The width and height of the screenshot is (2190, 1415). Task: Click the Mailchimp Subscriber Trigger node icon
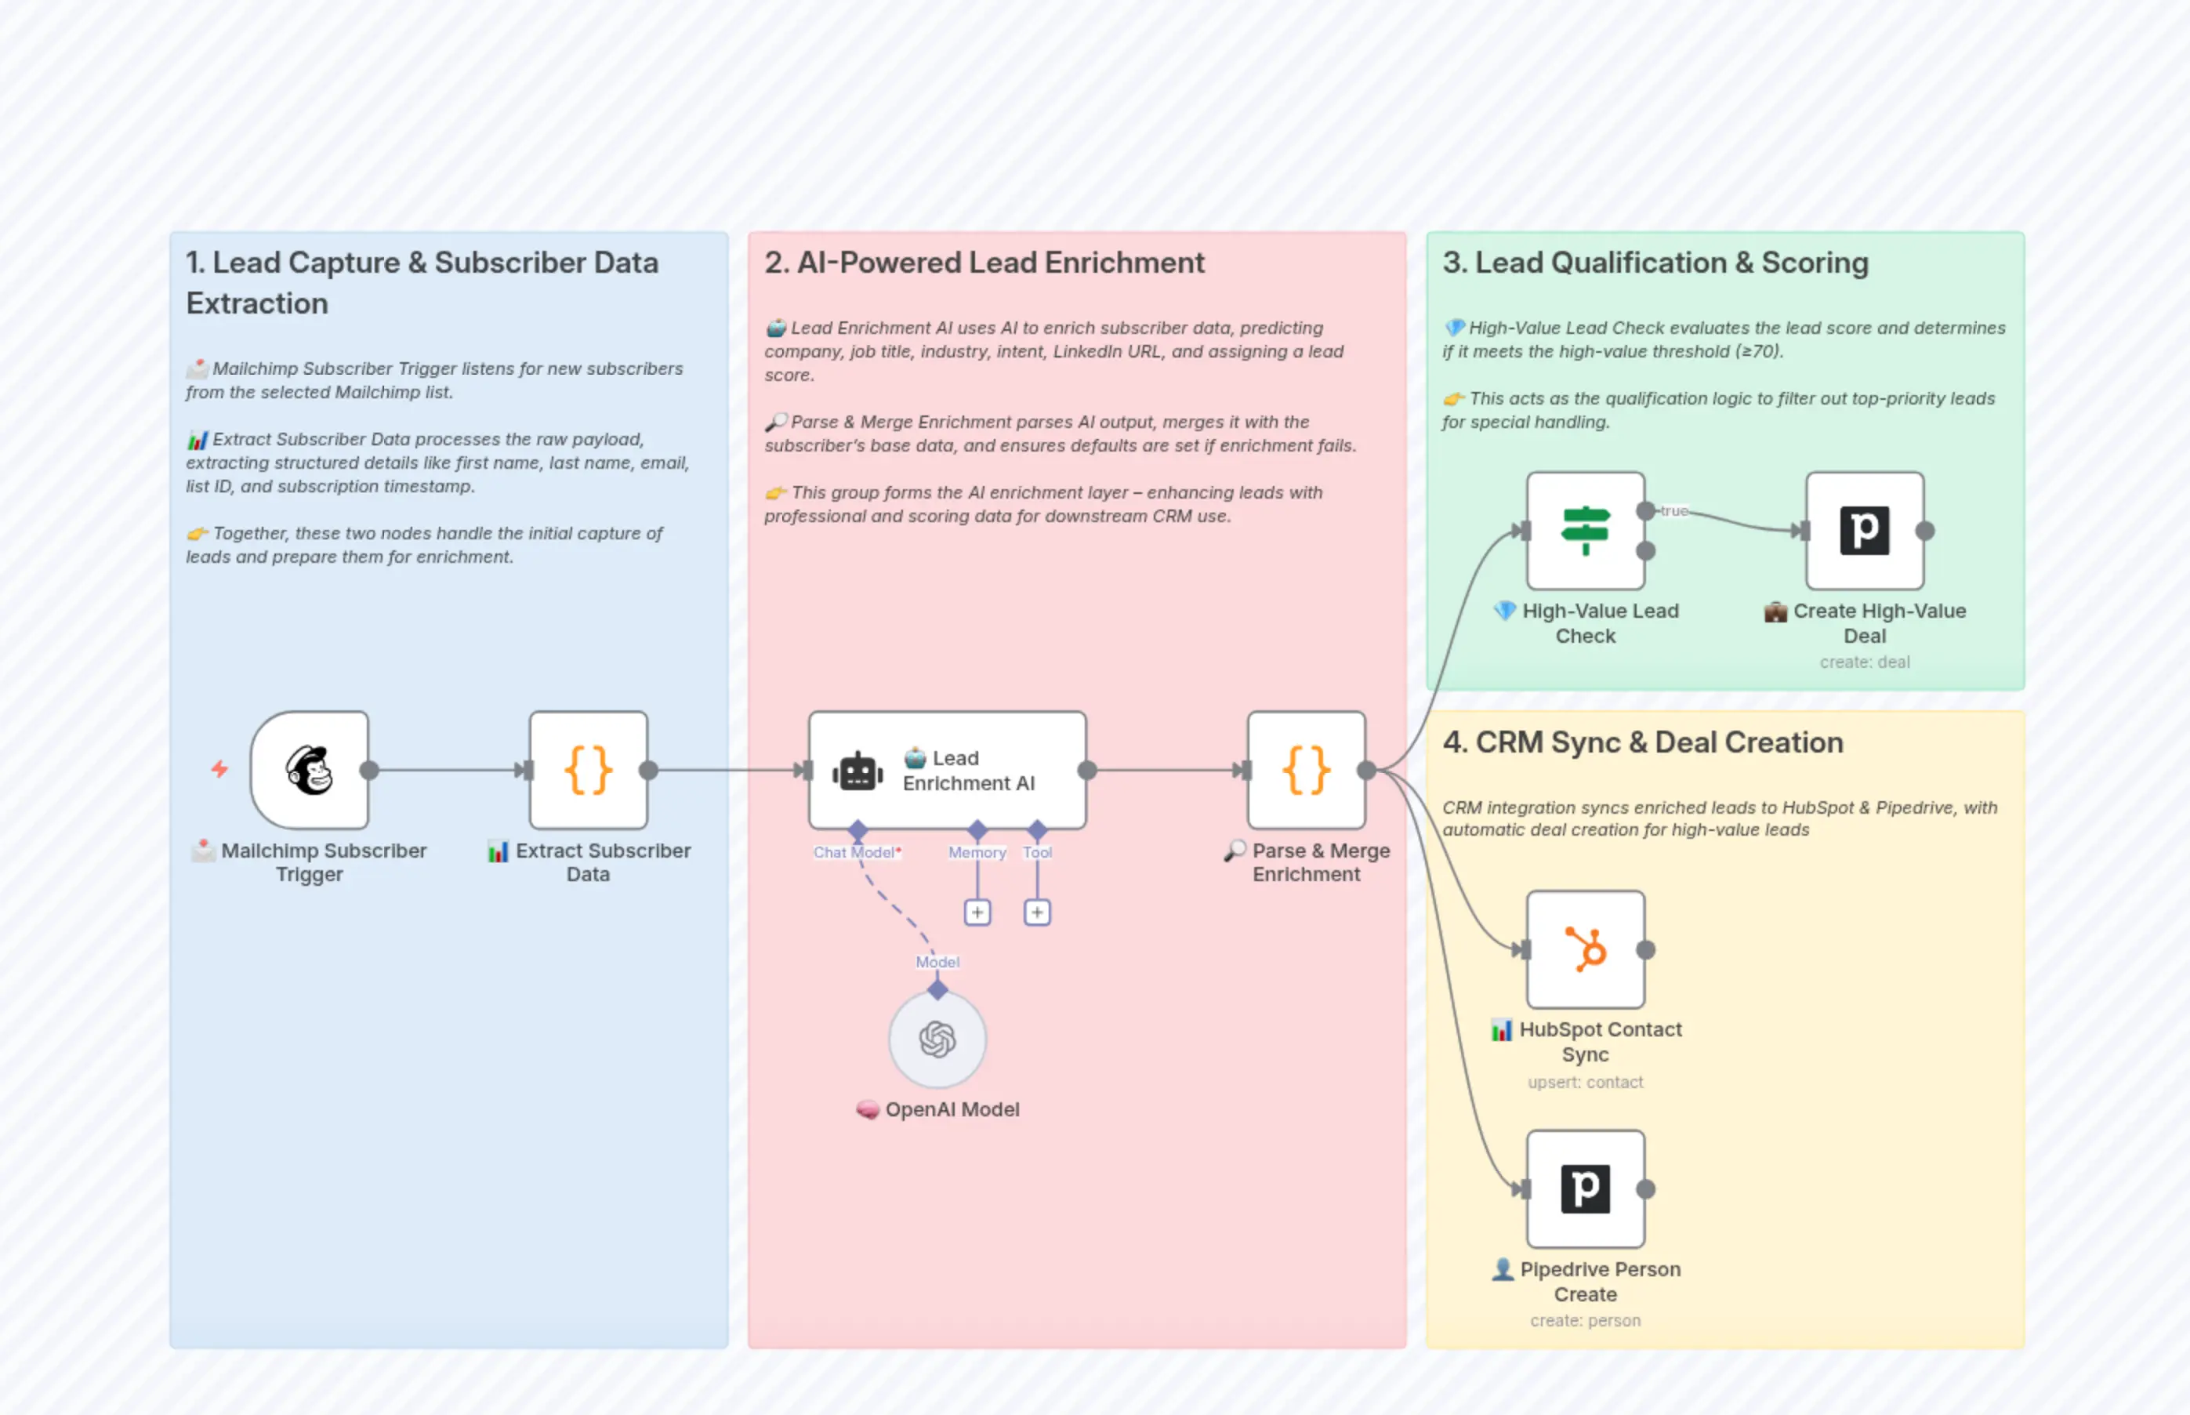click(310, 770)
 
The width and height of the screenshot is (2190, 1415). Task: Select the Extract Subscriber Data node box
click(588, 770)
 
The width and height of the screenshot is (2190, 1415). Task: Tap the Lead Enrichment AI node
click(947, 770)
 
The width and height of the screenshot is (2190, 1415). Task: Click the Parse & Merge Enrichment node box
click(1307, 770)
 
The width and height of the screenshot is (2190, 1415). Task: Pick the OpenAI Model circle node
click(937, 1039)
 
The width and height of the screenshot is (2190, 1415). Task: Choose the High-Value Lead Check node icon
click(1586, 530)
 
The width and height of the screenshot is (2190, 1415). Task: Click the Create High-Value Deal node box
click(1865, 530)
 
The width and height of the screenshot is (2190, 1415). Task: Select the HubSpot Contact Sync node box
click(1586, 949)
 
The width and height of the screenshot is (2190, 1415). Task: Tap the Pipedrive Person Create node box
click(1586, 1189)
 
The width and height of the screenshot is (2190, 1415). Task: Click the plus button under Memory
click(977, 912)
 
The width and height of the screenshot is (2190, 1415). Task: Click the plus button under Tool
click(1037, 912)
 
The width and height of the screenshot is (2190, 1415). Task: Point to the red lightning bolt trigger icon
click(219, 769)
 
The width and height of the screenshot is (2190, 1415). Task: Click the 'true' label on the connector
click(1673, 511)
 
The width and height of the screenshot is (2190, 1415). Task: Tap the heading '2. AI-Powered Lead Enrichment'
click(984, 263)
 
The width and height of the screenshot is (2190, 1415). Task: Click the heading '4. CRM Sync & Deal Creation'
click(1643, 742)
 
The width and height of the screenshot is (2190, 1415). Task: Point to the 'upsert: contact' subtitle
click(1586, 1083)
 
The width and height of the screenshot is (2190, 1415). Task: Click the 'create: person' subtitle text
click(1586, 1320)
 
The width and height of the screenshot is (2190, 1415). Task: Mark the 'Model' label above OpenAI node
click(937, 962)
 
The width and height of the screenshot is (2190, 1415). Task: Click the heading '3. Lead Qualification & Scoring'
click(1655, 263)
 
